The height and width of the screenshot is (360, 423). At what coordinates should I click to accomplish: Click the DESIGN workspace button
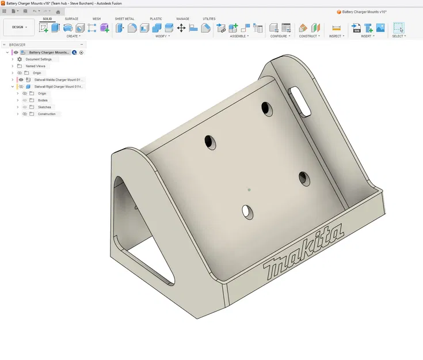click(x=18, y=27)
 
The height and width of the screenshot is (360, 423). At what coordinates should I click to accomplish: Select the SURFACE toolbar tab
click(x=71, y=19)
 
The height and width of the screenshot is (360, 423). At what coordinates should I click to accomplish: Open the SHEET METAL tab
click(x=124, y=19)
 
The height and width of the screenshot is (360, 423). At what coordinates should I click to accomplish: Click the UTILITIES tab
click(x=209, y=19)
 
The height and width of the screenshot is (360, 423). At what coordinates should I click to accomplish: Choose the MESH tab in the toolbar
click(x=97, y=19)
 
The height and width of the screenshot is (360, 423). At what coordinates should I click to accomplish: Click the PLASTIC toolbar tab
click(x=156, y=19)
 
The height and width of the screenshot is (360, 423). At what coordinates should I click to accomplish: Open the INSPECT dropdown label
click(x=336, y=36)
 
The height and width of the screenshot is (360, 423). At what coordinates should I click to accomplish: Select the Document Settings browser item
click(x=38, y=59)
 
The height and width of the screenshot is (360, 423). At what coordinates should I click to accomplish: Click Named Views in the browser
click(x=35, y=66)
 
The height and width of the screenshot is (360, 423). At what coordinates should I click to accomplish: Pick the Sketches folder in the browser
click(x=44, y=107)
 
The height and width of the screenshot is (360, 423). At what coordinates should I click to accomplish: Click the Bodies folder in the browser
click(x=43, y=100)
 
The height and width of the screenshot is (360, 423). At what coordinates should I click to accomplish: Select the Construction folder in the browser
click(x=47, y=114)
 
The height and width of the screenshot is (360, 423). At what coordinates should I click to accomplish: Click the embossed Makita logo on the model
click(x=304, y=251)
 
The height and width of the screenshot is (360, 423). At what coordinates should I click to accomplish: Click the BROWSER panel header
click(x=17, y=45)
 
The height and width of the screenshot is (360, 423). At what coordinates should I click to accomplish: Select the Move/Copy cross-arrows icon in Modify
click(x=181, y=28)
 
